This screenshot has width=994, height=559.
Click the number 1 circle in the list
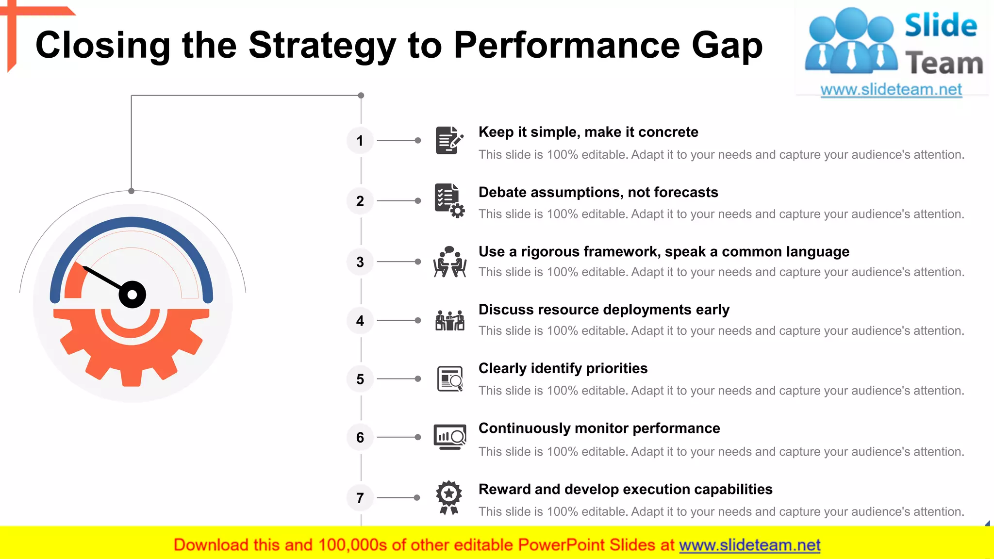point(360,141)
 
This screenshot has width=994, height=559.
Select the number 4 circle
point(360,321)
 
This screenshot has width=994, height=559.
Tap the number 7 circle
point(360,498)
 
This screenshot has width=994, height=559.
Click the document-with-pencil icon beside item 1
point(448,141)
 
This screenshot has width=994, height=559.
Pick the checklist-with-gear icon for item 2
point(449,200)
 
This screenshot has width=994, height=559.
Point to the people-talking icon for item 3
point(449,262)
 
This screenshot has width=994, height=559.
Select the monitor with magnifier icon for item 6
point(449,437)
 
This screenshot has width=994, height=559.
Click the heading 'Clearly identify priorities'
point(563,368)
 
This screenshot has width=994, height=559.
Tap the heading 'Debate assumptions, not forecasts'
point(598,193)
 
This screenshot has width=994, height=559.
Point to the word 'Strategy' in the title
point(322,46)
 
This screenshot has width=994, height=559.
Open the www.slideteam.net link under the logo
point(891,90)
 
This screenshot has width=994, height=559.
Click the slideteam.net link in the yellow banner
point(749,545)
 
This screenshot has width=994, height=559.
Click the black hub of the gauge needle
point(132,295)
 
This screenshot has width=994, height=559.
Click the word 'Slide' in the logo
point(941,25)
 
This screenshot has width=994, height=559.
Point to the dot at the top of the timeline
point(361,96)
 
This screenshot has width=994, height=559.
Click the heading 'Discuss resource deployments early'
point(604,310)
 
